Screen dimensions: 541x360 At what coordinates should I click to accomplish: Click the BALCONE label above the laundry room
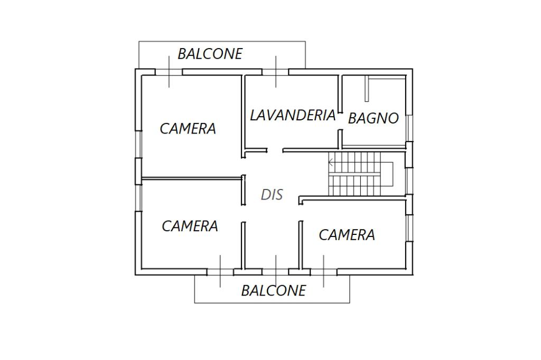(210, 54)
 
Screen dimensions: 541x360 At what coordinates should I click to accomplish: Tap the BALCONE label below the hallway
(273, 291)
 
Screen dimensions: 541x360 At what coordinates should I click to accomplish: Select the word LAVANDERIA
(293, 115)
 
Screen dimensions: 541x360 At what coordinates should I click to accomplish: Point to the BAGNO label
(374, 118)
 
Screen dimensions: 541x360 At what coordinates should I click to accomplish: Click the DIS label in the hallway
(272, 195)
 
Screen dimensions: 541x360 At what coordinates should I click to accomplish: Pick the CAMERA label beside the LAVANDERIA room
(188, 129)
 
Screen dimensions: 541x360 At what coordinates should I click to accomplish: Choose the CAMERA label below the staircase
(347, 235)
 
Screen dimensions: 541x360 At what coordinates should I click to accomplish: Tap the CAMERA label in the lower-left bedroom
(190, 226)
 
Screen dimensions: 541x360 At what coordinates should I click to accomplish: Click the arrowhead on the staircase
(331, 162)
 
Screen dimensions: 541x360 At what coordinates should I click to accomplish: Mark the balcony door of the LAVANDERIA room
(276, 72)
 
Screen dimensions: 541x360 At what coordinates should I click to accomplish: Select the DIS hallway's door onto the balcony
(276, 272)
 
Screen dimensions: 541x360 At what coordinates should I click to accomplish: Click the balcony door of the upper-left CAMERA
(169, 72)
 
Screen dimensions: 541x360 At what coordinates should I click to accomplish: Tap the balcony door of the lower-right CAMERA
(324, 272)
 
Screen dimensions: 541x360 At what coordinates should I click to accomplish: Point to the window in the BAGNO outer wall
(409, 128)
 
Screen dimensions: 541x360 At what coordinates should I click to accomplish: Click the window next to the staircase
(409, 181)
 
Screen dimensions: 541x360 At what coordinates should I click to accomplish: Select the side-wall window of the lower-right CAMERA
(409, 228)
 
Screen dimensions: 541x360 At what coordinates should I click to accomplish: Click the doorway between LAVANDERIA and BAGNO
(340, 121)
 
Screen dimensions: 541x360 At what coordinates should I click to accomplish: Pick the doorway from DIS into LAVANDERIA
(275, 150)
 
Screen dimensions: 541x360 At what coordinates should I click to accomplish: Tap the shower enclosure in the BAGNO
(385, 89)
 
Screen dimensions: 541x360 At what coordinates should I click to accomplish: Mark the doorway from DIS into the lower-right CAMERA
(301, 212)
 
